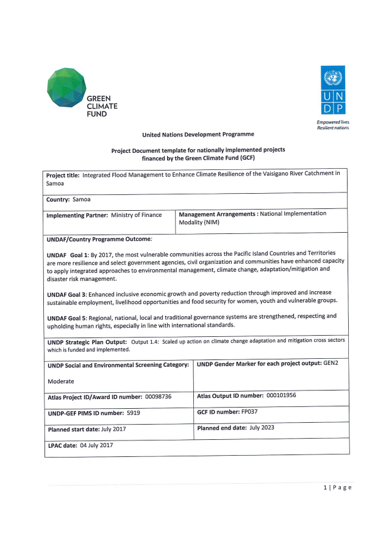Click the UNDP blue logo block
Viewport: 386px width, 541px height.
pyautogui.click(x=332, y=91)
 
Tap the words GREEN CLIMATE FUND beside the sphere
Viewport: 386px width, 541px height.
pyautogui.click(x=102, y=106)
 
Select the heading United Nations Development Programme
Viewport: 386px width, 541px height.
pyautogui.click(x=198, y=134)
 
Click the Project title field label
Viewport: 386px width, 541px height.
pyautogui.click(x=63, y=175)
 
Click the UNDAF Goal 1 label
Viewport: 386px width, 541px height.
pyautogui.click(x=68, y=253)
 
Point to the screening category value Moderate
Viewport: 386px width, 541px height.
pyautogui.click(x=61, y=381)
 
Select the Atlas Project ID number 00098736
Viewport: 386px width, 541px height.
pyautogui.click(x=158, y=397)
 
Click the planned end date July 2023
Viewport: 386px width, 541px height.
pyautogui.click(x=262, y=428)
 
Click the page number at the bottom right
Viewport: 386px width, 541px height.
pyautogui.click(x=337, y=487)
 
